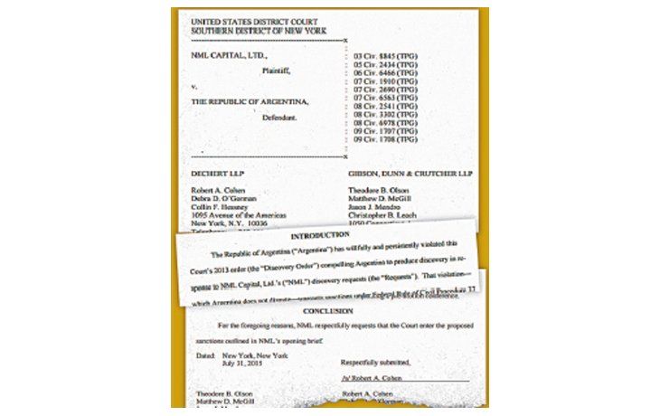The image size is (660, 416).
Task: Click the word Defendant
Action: [279, 118]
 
